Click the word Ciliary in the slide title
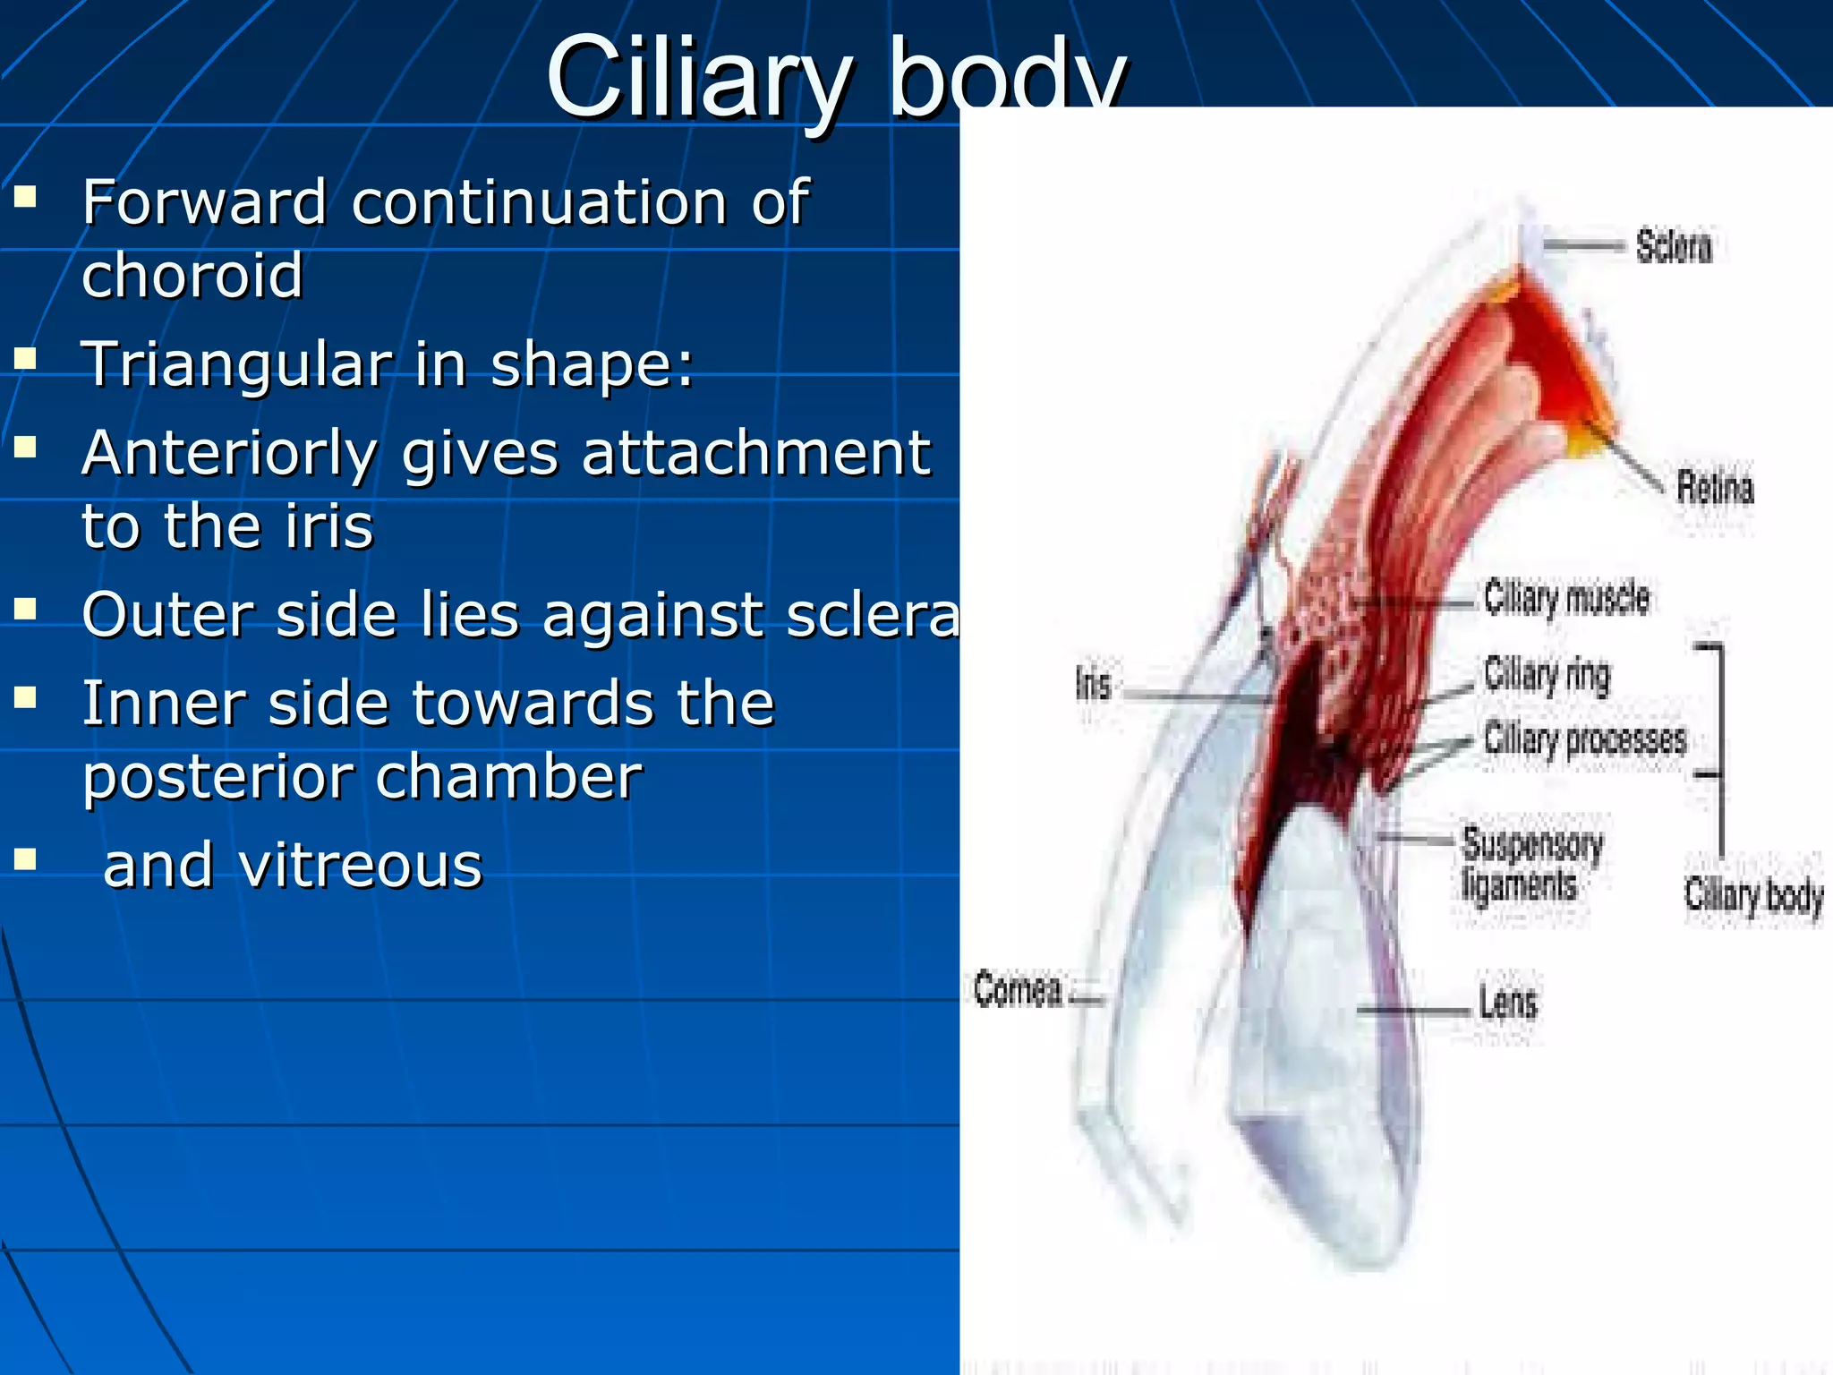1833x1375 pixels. [x=698, y=81]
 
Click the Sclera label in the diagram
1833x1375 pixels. [x=1673, y=246]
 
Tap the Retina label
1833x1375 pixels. [x=1714, y=488]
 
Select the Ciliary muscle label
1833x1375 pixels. [x=1566, y=598]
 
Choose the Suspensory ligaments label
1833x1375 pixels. [x=1531, y=865]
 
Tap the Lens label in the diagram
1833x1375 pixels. [x=1507, y=1003]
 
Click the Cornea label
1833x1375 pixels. [x=1018, y=989]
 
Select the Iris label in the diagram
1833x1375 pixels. [x=1093, y=686]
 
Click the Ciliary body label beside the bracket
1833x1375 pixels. [x=1752, y=895]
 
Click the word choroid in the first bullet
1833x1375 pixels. [x=192, y=275]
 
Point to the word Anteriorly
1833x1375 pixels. [x=229, y=454]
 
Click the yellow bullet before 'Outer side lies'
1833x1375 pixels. [x=25, y=610]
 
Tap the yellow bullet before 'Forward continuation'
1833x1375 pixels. [x=25, y=196]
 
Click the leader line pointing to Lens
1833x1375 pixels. [x=1414, y=1011]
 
